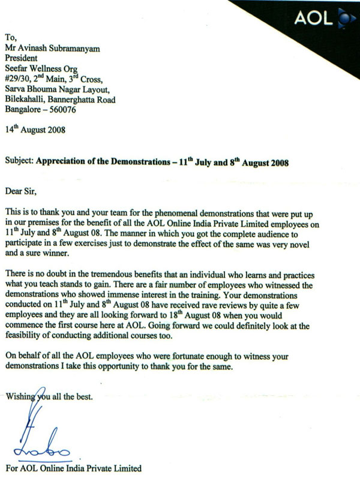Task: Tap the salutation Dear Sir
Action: click(21, 192)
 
